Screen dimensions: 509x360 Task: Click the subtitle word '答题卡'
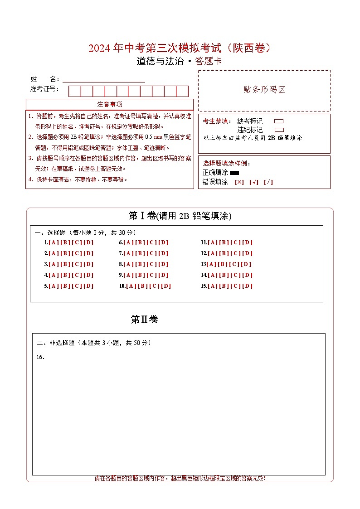click(x=209, y=62)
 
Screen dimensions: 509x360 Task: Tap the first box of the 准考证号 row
click(x=74, y=91)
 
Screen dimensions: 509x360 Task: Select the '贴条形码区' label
click(x=264, y=90)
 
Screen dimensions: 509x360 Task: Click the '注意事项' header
click(x=109, y=104)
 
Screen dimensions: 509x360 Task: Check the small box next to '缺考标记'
click(x=279, y=121)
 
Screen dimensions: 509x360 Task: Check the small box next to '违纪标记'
click(x=279, y=130)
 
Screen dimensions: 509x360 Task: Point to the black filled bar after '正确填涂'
click(x=234, y=173)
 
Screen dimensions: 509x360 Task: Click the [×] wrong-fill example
click(x=239, y=182)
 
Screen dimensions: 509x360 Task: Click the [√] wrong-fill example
click(x=254, y=182)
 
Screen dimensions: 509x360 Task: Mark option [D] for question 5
click(x=88, y=286)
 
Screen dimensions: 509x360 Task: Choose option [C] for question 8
click(x=152, y=264)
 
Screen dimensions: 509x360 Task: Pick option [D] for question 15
click(x=248, y=286)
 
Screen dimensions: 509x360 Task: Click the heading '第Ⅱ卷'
click(x=144, y=320)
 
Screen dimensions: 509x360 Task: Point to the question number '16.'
click(x=40, y=357)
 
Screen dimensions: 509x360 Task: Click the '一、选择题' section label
click(x=50, y=233)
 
